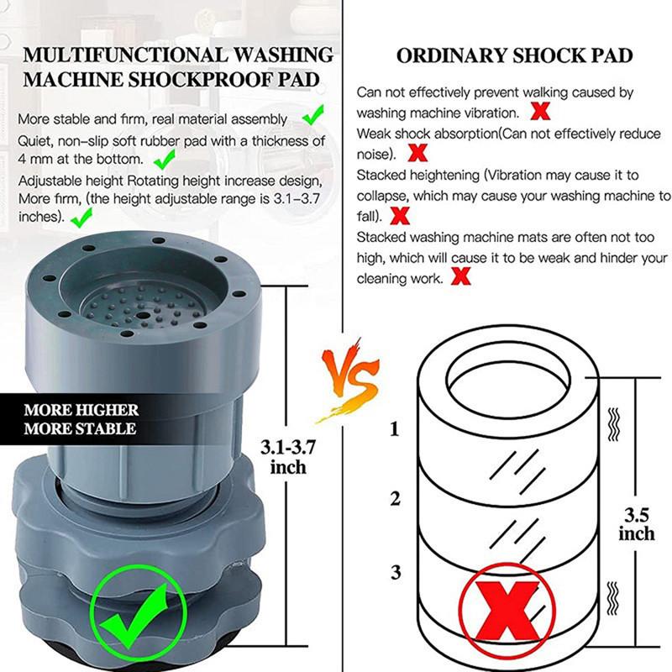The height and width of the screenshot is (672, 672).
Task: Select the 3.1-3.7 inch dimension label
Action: click(288, 457)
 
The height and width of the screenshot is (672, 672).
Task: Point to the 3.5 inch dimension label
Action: click(637, 524)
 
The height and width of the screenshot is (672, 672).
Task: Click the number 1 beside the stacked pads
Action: click(394, 428)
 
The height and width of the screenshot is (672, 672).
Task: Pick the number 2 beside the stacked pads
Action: click(395, 498)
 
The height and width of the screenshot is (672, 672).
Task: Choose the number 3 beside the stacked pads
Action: click(395, 572)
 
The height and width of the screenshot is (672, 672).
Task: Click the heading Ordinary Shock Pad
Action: click(514, 55)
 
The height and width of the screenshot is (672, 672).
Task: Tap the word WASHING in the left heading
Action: click(283, 55)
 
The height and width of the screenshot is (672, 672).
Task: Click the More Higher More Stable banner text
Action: click(81, 419)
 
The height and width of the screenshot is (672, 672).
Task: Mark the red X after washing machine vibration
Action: click(540, 112)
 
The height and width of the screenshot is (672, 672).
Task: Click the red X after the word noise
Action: click(417, 153)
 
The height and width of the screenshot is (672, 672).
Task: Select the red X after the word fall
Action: click(400, 215)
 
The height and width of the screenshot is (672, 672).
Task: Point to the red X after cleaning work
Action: click(460, 276)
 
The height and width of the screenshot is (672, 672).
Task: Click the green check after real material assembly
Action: click(313, 115)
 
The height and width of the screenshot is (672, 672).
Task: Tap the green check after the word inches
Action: click(81, 218)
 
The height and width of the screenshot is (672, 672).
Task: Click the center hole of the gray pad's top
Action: click(142, 315)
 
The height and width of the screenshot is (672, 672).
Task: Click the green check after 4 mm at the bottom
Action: click(165, 159)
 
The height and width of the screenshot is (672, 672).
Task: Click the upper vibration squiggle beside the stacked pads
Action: click(614, 424)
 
